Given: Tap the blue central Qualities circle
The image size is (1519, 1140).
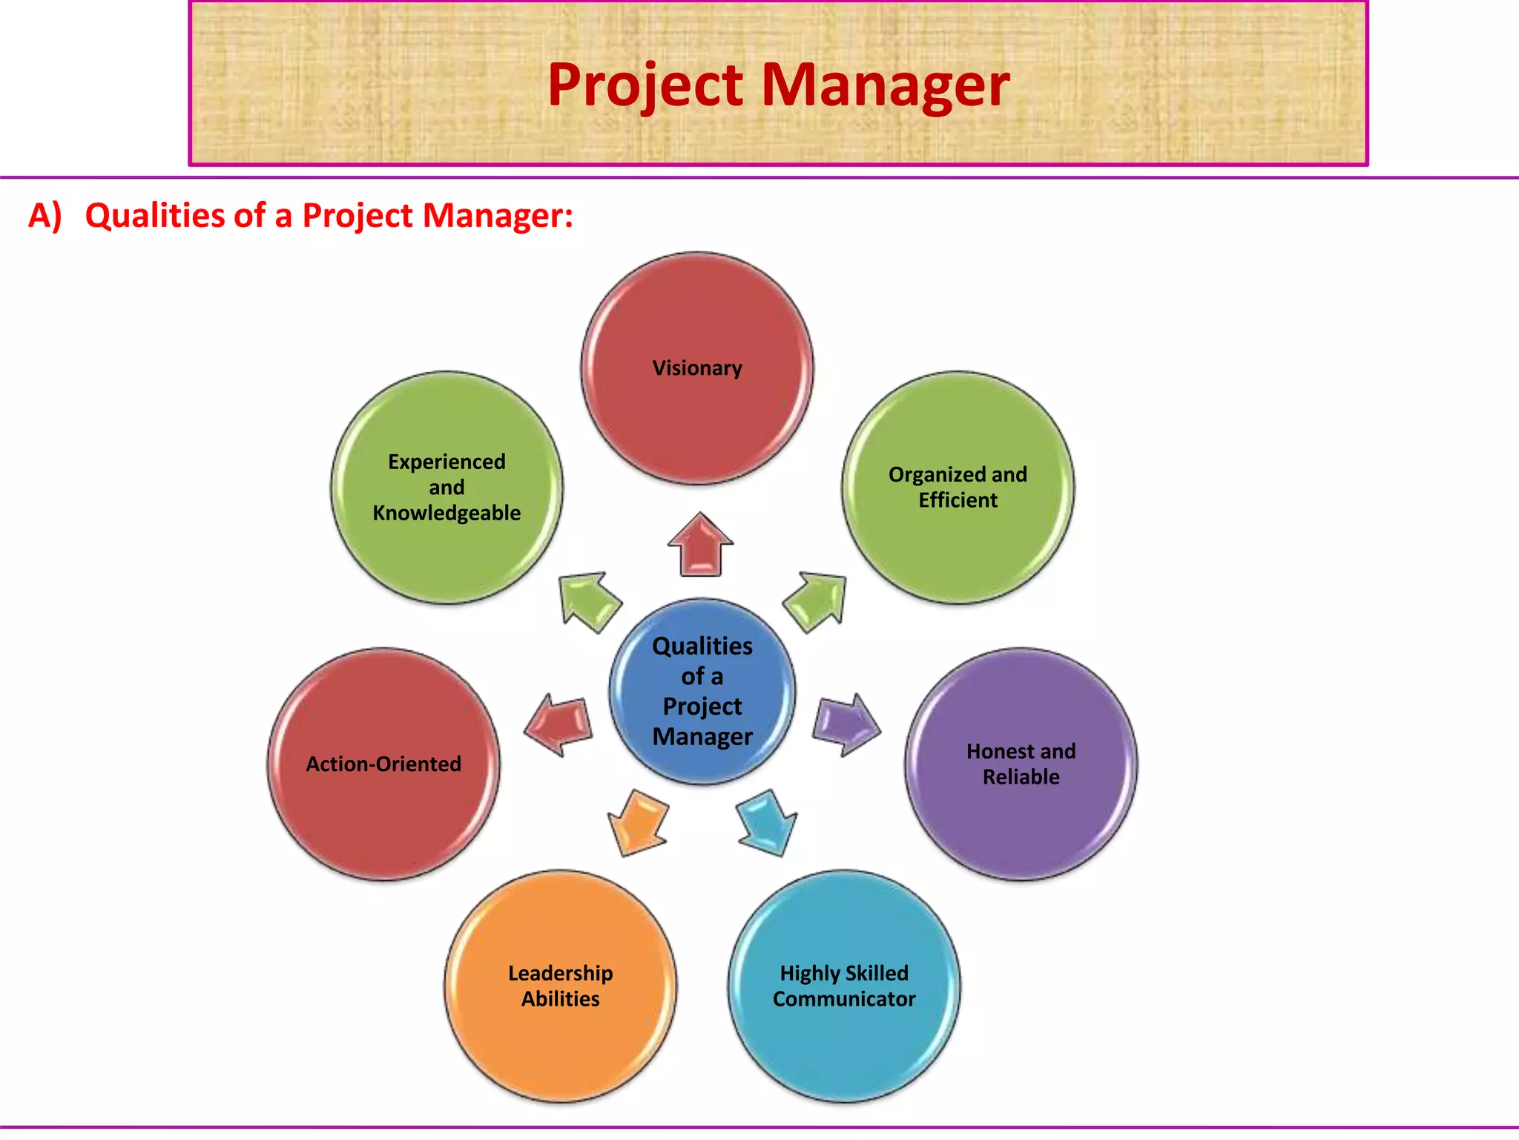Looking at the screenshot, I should click(702, 691).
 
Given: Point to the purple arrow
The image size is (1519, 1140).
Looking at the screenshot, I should click(846, 724).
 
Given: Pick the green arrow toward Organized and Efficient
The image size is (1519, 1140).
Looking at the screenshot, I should click(816, 600).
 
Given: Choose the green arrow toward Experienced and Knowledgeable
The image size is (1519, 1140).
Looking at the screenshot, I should click(589, 600).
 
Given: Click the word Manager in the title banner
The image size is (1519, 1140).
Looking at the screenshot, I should click(886, 85).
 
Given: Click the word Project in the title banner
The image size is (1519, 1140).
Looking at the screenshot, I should click(645, 85).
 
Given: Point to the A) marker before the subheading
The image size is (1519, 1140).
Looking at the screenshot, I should click(45, 216).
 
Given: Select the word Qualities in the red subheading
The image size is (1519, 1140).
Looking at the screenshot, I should click(154, 216).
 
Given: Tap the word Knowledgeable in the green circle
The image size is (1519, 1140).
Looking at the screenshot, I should click(447, 513).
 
